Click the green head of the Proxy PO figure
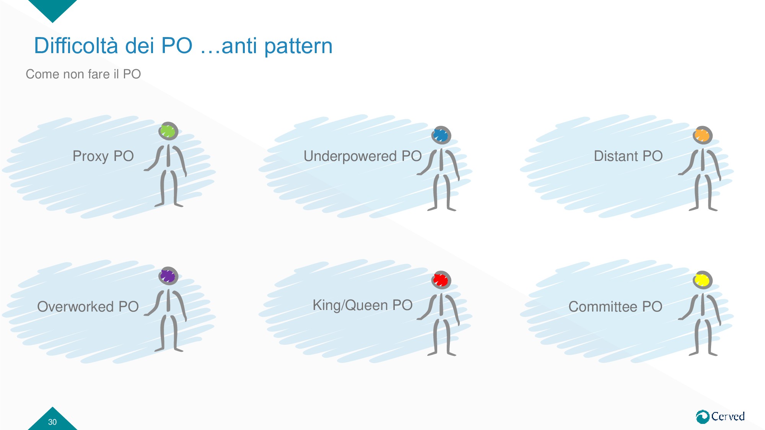coord(168,131)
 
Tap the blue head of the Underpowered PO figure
coord(441,135)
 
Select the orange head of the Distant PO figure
coord(702,135)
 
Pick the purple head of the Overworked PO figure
coord(168,276)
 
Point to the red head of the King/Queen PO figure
coord(441,280)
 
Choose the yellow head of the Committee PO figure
coord(702,280)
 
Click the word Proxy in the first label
coord(91,156)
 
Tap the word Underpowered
coord(350,156)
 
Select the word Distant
coord(616,156)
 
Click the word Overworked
coord(75,307)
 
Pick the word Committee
coord(602,307)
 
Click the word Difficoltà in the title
coord(75,46)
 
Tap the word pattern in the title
coord(298,46)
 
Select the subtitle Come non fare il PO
coord(83,74)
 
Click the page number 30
coord(52,422)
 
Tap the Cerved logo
coord(720,416)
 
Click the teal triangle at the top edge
coord(52,8)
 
